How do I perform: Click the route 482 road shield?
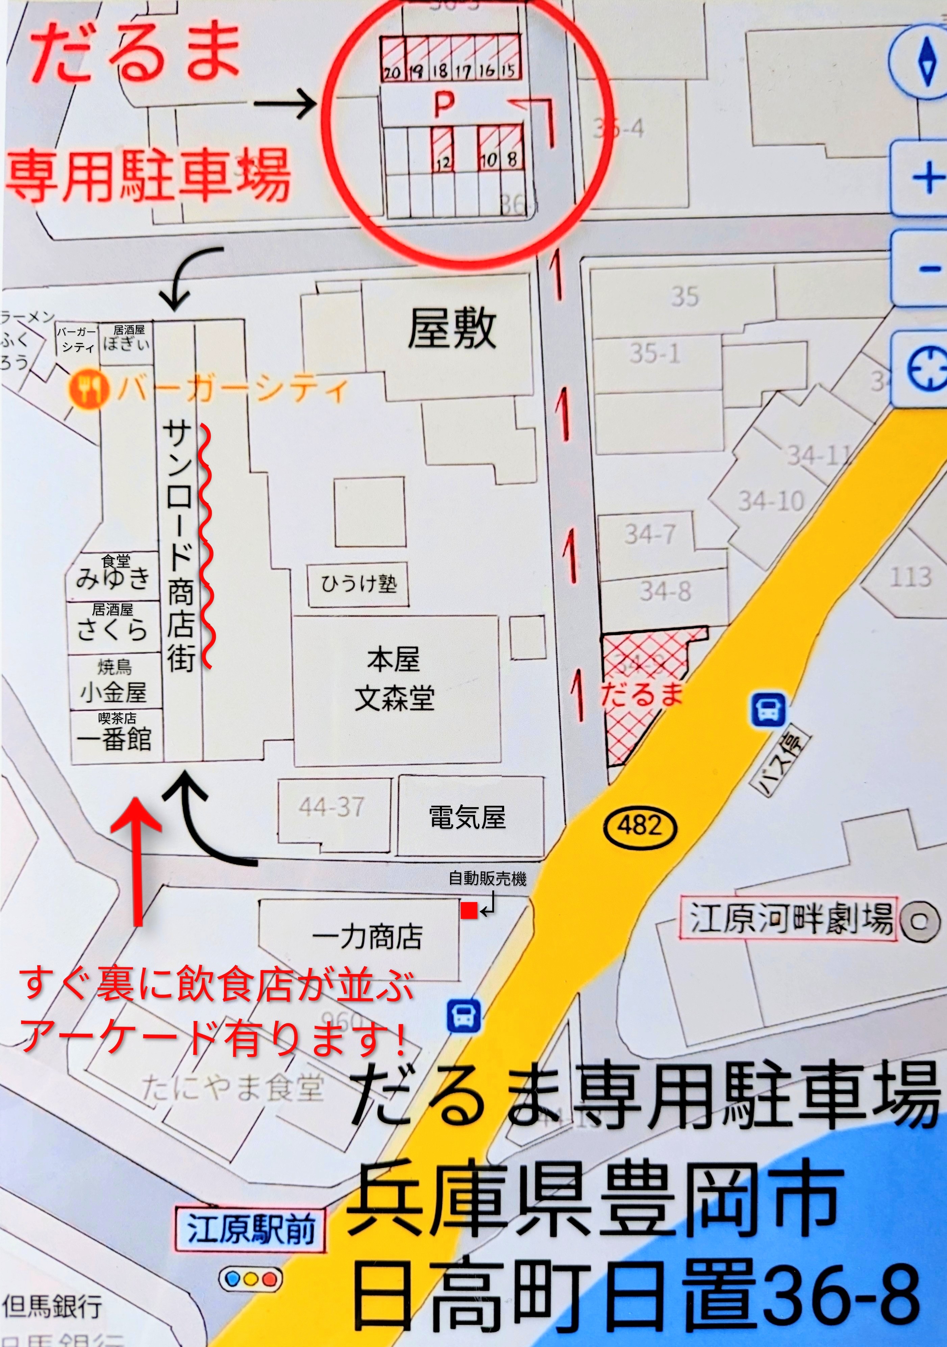pos(640,826)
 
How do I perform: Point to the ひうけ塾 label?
pos(358,584)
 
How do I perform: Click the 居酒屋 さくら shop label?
pos(113,623)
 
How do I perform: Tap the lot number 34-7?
pos(650,534)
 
